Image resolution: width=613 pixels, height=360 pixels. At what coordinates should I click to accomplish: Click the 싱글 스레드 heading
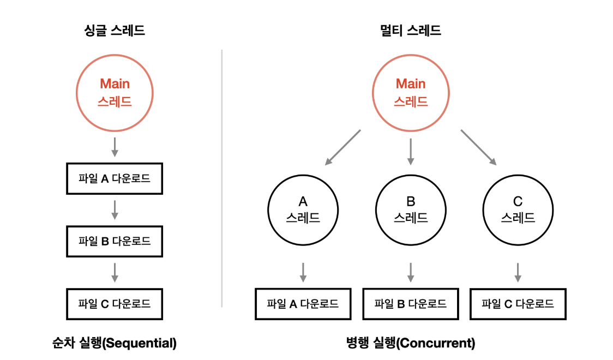115,30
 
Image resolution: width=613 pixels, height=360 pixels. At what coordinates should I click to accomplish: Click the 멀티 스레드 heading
410,30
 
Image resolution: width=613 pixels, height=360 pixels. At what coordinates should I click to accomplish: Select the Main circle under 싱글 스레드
115,92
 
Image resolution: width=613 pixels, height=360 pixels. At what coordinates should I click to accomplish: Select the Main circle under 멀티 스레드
410,92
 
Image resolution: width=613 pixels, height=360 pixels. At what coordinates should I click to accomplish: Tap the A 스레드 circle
303,210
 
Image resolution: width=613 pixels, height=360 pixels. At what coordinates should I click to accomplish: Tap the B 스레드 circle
410,210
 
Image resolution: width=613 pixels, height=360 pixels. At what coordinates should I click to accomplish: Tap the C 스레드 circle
518,210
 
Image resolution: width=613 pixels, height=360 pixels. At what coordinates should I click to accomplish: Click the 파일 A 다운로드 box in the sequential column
115,178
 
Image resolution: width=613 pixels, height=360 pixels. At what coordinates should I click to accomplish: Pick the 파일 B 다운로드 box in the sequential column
115,241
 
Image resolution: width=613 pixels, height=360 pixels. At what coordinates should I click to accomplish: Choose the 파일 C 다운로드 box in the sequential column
115,304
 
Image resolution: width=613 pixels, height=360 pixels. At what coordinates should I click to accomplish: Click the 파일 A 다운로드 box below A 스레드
303,304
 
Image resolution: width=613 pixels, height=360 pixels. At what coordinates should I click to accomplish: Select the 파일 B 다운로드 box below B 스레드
410,304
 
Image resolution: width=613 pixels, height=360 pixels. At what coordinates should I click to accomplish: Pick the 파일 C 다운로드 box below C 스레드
518,304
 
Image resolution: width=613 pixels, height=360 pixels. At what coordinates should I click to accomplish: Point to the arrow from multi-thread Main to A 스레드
343,147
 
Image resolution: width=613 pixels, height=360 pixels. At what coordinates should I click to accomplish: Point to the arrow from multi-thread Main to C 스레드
478,147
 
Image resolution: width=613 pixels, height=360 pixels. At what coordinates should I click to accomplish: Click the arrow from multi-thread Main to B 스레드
410,151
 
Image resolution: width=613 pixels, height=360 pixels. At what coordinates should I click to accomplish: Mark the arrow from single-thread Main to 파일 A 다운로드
115,147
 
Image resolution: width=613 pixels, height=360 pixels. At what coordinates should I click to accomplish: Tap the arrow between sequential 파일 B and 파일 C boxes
115,272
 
